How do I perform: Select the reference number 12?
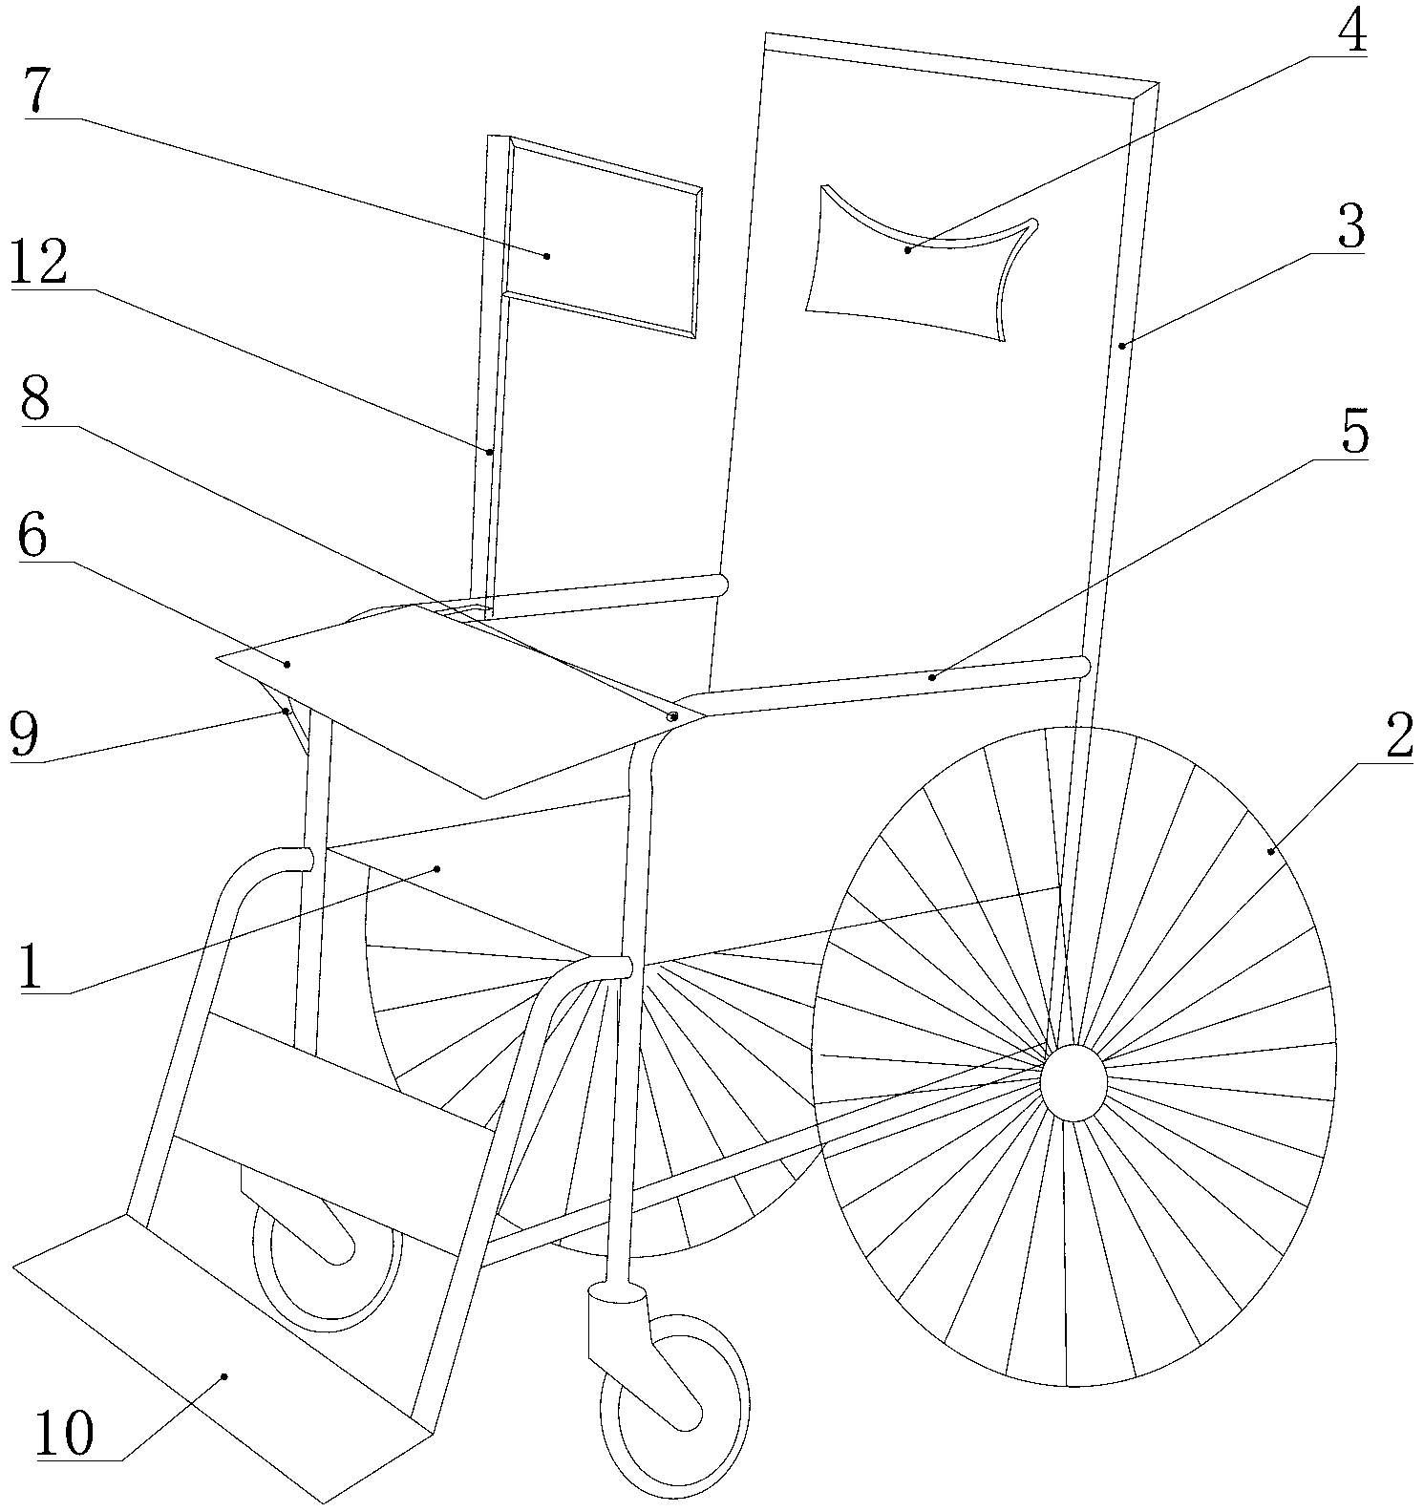pos(39,260)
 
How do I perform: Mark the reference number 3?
pos(1350,227)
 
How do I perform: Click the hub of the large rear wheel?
pos(1073,1082)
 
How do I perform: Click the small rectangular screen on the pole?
pos(602,239)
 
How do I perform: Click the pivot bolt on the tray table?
pos(672,714)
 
